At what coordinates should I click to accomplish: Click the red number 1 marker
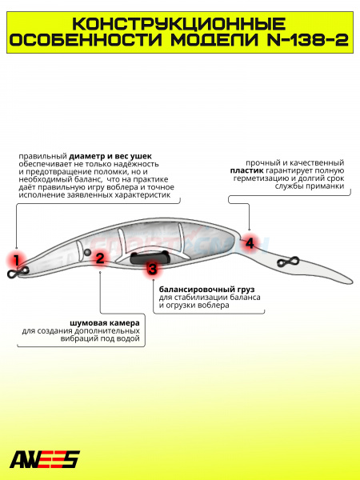click(x=16, y=261)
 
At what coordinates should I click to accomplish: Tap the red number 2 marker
click(x=100, y=258)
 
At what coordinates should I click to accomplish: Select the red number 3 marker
click(x=152, y=269)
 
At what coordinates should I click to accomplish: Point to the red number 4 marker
click(x=250, y=243)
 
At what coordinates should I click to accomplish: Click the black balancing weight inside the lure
click(x=150, y=258)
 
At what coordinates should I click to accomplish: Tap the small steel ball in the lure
click(x=87, y=252)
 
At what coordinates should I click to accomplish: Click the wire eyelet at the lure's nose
click(x=18, y=272)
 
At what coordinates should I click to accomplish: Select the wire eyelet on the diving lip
click(x=288, y=262)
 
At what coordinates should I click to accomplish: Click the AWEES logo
click(x=45, y=459)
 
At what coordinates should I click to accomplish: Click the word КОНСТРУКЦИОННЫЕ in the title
click(x=179, y=24)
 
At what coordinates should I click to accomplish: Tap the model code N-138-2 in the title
click(x=308, y=40)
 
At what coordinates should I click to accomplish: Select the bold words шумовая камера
click(x=105, y=323)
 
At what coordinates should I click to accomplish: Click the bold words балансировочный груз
click(x=206, y=290)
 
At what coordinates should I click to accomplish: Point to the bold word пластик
click(x=246, y=170)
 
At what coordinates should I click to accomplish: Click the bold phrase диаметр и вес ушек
click(x=110, y=157)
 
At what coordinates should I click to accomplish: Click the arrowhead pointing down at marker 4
click(x=249, y=229)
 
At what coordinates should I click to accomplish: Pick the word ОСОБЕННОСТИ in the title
click(x=86, y=40)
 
